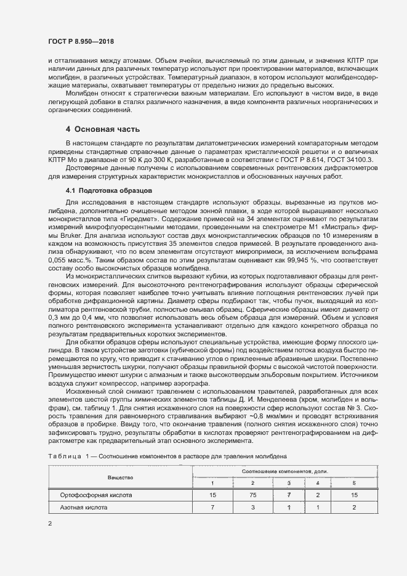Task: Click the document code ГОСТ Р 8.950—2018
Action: point(81,41)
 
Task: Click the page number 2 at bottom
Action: point(49,524)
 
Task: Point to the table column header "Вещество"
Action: point(120,477)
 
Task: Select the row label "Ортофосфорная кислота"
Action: point(95,495)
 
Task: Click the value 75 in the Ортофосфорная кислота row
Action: point(252,495)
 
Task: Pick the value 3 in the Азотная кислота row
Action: point(252,508)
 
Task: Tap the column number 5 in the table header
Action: point(354,484)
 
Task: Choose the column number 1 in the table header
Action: point(212,484)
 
